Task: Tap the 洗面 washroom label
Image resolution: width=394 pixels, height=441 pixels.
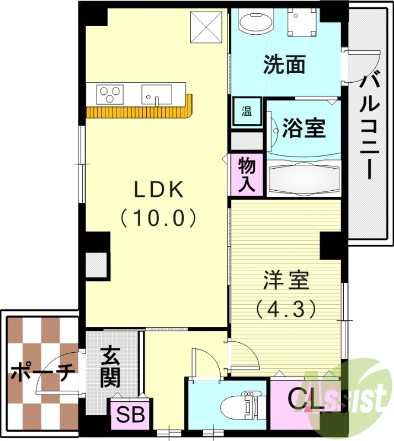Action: [284, 66]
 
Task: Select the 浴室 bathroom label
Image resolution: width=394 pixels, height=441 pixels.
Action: [304, 128]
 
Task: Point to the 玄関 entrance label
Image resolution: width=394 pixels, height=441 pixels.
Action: [110, 367]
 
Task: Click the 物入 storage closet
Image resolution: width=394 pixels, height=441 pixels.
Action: [247, 174]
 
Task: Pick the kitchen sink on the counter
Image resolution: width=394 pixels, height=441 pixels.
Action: [157, 94]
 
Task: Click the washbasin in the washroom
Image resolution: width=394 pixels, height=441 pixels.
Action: [256, 23]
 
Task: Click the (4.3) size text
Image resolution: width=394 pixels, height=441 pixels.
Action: [286, 308]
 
